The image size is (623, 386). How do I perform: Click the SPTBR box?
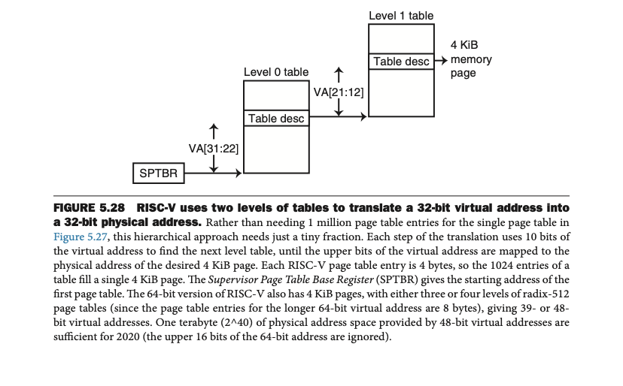[158, 173]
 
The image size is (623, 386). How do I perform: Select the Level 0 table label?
[275, 72]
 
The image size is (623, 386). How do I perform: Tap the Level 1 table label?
[401, 15]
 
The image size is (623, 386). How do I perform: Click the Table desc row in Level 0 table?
[276, 119]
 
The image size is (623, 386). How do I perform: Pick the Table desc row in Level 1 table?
[401, 62]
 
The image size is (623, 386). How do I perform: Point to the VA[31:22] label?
[214, 149]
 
